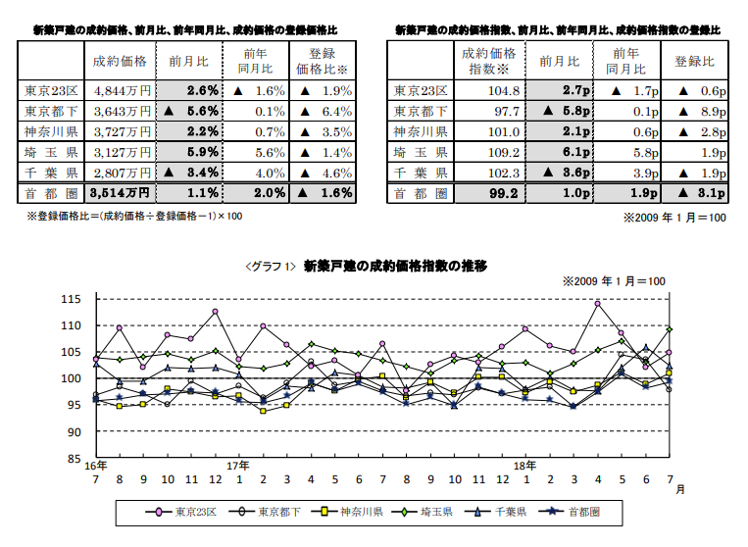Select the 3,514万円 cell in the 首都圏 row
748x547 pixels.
(120, 192)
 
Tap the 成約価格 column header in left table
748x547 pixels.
(120, 61)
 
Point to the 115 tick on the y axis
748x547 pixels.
(73, 298)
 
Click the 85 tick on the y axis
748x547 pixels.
(75, 458)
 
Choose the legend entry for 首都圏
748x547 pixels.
(602, 512)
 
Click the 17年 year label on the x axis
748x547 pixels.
(238, 465)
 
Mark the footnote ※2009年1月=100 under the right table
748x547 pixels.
(674, 217)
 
